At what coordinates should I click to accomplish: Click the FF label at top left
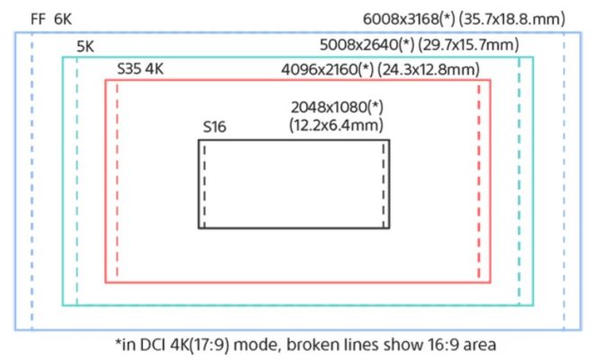38,19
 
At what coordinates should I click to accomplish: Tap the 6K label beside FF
63,19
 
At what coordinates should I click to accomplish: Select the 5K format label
86,47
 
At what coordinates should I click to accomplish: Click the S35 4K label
140,68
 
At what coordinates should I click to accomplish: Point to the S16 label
214,127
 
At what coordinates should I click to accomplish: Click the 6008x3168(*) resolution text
409,19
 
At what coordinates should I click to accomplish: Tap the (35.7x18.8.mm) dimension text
512,19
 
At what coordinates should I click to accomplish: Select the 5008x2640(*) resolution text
366,44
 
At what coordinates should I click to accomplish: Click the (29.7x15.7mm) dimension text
469,44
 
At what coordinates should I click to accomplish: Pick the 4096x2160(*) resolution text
328,69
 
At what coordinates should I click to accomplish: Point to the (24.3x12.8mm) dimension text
429,69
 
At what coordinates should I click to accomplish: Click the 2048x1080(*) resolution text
337,108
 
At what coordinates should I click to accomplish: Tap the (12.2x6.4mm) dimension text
336,125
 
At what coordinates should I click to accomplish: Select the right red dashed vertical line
479,181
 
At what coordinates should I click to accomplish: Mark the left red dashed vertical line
117,181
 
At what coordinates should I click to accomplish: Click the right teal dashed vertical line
519,181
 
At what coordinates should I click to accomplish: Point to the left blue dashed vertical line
32,181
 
